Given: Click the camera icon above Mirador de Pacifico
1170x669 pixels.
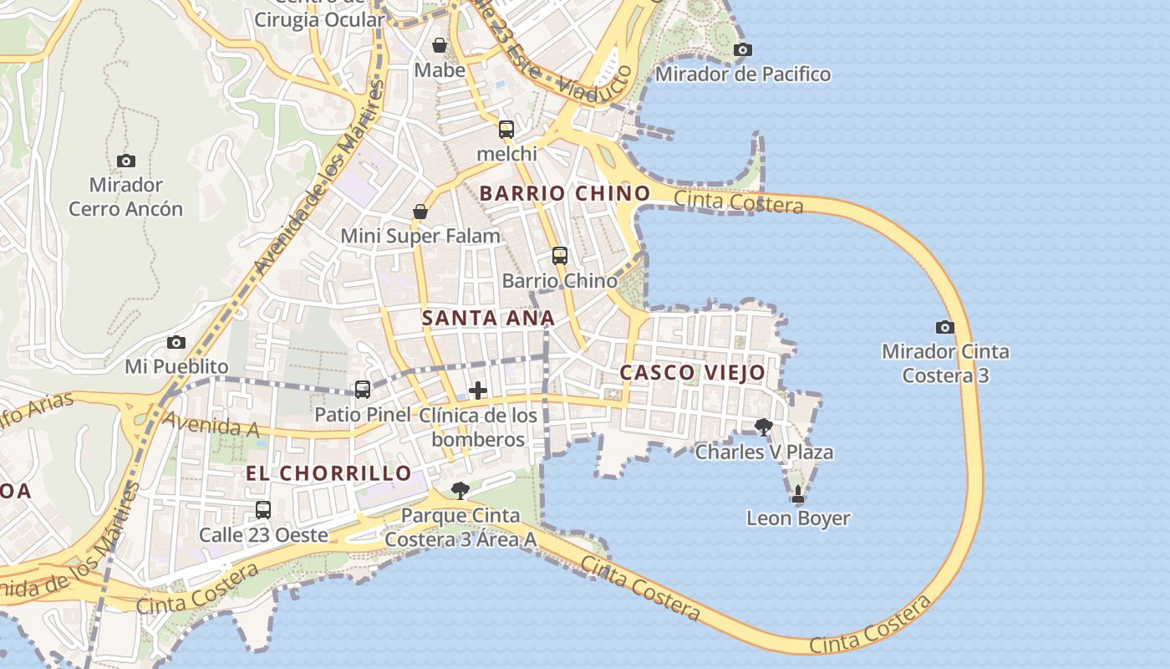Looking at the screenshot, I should coord(742,50).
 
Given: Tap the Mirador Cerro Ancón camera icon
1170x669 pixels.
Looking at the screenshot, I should coord(126,161).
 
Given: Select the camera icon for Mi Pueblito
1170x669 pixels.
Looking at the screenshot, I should coord(175,342).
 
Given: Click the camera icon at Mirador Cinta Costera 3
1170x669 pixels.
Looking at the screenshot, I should coord(945,327).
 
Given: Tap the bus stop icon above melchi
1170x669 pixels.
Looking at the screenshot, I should coord(506,130).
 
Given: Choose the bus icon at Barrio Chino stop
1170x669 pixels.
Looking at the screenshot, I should coord(560,256).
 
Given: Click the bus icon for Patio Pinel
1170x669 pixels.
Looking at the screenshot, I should coord(363,390).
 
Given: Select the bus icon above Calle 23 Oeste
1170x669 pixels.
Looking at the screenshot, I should coord(263,509).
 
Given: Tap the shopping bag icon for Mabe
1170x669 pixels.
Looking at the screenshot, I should coord(440,45).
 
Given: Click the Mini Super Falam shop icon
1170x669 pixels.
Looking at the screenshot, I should coord(420,212).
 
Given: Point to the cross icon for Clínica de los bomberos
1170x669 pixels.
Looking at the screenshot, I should coord(478,391).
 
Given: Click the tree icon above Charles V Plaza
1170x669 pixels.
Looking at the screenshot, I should coord(764,427).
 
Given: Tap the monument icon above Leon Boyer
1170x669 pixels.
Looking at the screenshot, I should coord(798,494).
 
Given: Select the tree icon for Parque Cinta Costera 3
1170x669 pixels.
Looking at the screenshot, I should coord(460,491).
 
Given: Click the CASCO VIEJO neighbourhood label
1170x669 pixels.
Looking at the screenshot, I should coord(693,373).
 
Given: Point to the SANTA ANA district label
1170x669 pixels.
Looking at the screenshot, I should coord(488,318).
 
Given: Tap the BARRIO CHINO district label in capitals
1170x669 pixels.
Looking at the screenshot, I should coord(565,193).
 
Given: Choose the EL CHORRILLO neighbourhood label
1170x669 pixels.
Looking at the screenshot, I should coord(328,473).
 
